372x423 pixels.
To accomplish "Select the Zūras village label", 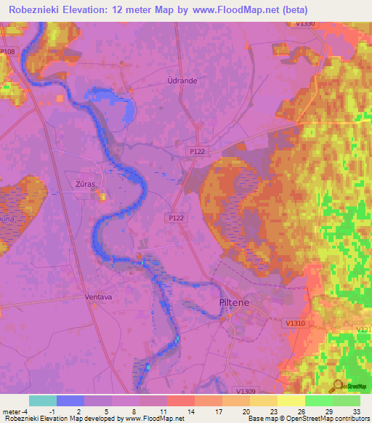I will [x=86, y=185].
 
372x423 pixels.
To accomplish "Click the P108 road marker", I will [x=7, y=52].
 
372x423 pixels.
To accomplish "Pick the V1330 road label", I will [x=306, y=24].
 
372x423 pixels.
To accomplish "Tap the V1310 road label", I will [x=296, y=323].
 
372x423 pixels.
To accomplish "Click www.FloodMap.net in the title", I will [x=246, y=10].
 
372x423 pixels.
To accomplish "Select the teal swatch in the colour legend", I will [x=42, y=400].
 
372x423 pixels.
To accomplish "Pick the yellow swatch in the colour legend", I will [x=291, y=400].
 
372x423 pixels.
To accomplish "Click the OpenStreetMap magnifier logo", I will [x=337, y=387].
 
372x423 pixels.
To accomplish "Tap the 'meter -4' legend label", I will [x=16, y=411].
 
